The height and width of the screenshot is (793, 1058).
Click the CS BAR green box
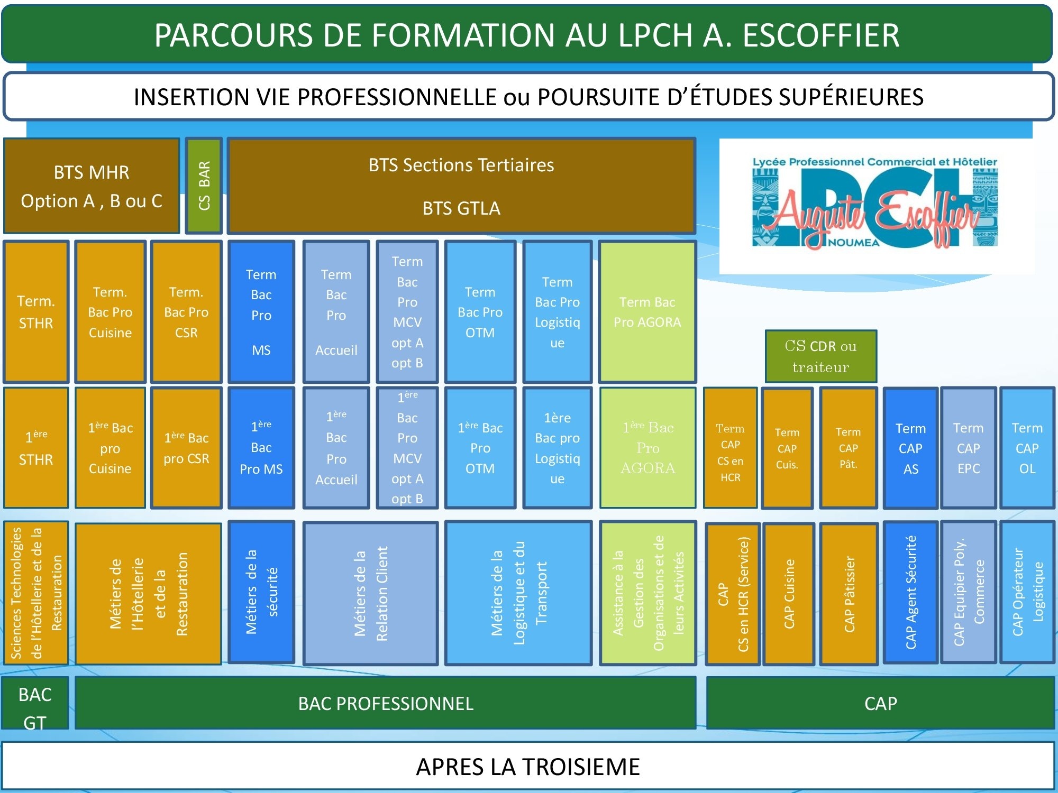pyautogui.click(x=204, y=186)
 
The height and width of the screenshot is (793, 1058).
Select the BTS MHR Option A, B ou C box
pyautogui.click(x=92, y=186)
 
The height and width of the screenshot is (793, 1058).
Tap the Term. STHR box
pyautogui.click(x=36, y=312)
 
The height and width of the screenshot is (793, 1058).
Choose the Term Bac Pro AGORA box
pyautogui.click(x=647, y=312)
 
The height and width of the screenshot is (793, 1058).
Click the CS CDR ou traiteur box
pyautogui.click(x=820, y=356)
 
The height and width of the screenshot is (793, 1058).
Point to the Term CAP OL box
pyautogui.click(x=1027, y=448)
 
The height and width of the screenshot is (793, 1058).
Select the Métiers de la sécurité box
pyautogui.click(x=261, y=592)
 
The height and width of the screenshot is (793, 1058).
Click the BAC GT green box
pyautogui.click(x=35, y=704)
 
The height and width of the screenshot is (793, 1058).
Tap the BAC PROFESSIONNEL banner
pyautogui.click(x=386, y=704)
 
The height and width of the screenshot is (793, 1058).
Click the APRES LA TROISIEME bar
pyautogui.click(x=528, y=767)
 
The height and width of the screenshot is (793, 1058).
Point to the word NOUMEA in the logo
pyautogui.click(x=853, y=243)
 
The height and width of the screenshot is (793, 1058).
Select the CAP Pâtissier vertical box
pyautogui.click(x=849, y=593)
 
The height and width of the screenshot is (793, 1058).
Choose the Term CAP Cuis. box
pyautogui.click(x=787, y=448)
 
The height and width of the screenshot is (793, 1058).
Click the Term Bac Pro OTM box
pyautogui.click(x=480, y=312)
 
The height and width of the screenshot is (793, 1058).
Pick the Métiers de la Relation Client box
pyautogui.click(x=370, y=593)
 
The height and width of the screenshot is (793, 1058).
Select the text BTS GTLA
pyautogui.click(x=461, y=208)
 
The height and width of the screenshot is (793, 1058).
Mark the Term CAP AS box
pyautogui.click(x=910, y=448)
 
